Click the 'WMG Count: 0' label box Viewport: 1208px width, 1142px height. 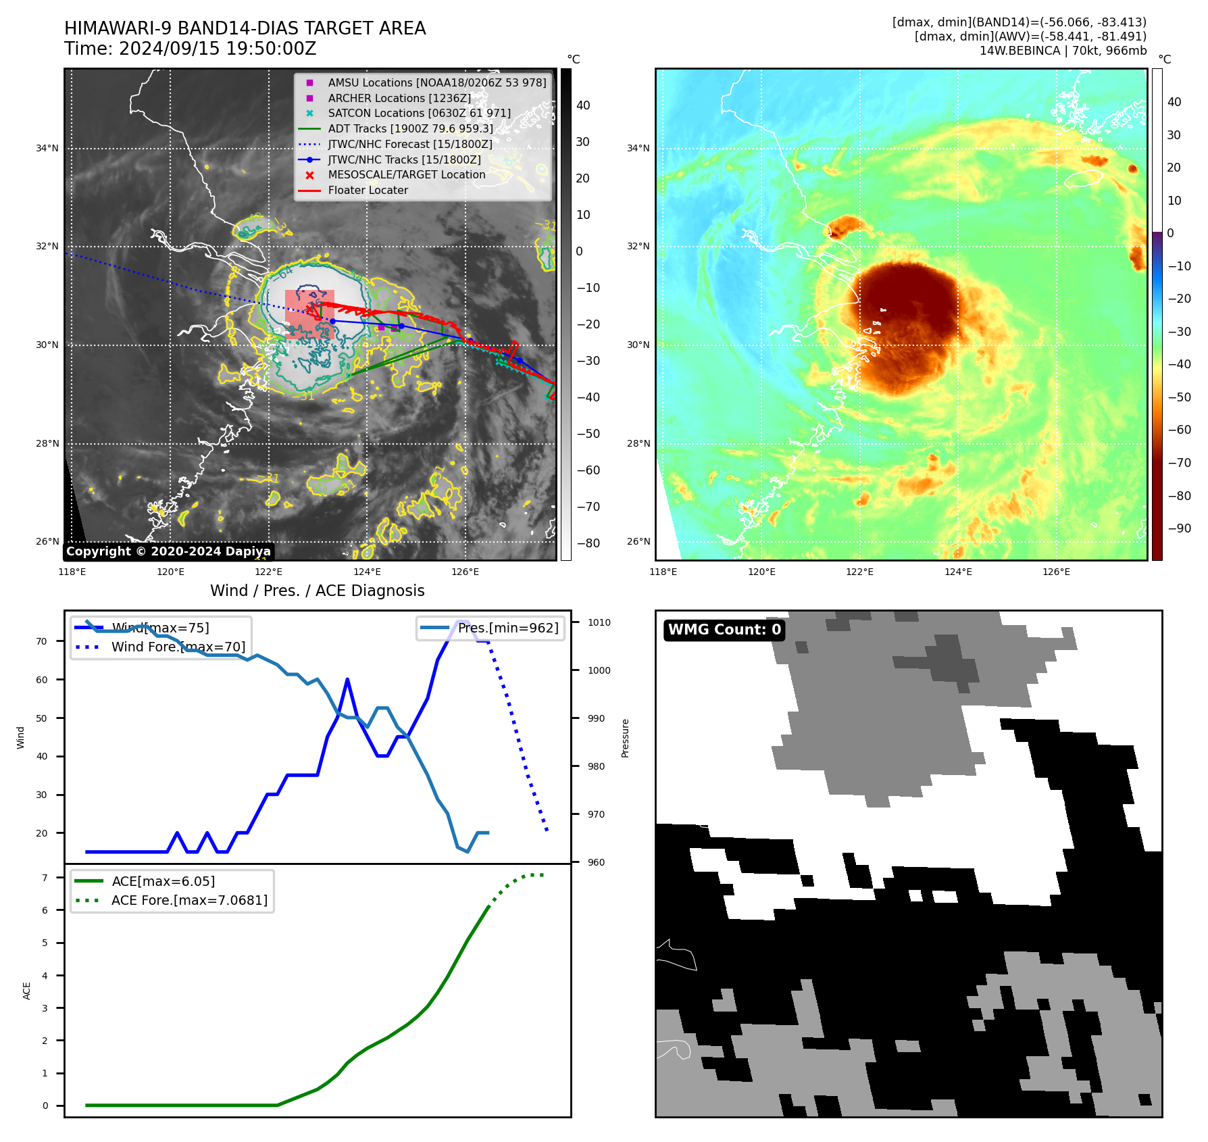click(x=724, y=630)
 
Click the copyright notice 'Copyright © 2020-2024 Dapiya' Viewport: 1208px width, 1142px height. click(x=168, y=551)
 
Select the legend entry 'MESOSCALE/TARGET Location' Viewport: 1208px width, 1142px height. click(x=406, y=175)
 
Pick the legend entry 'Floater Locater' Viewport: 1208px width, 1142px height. click(x=368, y=191)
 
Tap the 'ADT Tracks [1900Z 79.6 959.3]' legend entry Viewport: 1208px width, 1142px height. click(x=410, y=128)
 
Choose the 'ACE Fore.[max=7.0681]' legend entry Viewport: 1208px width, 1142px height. click(x=189, y=900)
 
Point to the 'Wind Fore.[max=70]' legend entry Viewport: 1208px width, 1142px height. click(x=178, y=647)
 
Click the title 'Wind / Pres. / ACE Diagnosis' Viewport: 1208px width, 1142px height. click(x=318, y=591)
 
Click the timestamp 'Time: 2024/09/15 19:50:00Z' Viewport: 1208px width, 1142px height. click(x=191, y=49)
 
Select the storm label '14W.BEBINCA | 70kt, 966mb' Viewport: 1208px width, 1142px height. click(x=1063, y=51)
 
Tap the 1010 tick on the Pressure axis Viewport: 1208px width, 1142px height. click(x=599, y=622)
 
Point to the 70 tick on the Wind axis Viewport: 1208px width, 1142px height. click(x=42, y=641)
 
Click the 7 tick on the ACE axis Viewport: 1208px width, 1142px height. click(x=45, y=878)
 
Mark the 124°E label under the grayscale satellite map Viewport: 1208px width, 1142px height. click(x=367, y=572)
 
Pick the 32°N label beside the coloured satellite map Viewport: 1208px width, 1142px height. click(x=638, y=246)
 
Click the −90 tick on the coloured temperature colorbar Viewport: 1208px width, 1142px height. click(x=1179, y=528)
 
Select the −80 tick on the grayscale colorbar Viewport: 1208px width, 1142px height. click(x=587, y=543)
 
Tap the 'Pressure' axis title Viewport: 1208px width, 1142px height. click(x=626, y=738)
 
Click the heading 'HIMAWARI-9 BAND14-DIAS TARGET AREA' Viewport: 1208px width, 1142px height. click(x=245, y=28)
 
